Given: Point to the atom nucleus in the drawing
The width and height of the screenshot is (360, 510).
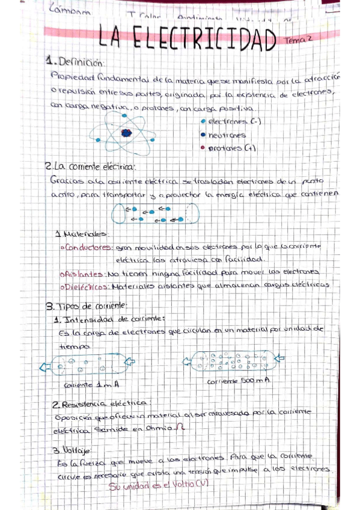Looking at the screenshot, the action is pos(125,132).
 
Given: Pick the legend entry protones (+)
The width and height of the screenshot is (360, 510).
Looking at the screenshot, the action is pos(228,148).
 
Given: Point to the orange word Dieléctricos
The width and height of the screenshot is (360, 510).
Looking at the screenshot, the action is pos(86,286).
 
